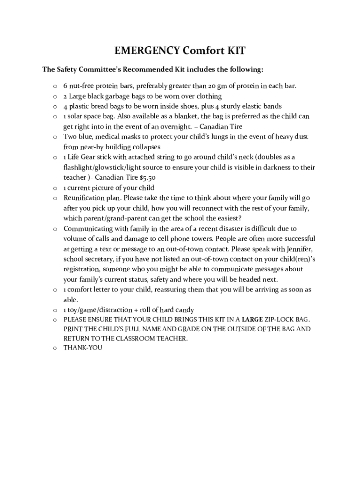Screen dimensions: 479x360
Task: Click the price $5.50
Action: pos(147,178)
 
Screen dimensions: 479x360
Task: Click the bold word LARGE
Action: pos(252,319)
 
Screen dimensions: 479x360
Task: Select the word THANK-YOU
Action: pos(83,348)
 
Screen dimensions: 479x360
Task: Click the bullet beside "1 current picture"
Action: pos(55,188)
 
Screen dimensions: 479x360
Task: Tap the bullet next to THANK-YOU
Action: pos(55,348)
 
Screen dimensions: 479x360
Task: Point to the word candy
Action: pos(184,310)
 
